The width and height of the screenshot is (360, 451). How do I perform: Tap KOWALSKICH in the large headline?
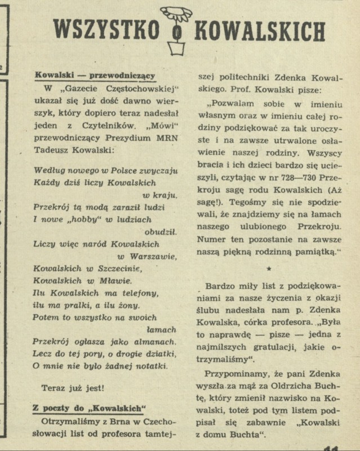click(260, 32)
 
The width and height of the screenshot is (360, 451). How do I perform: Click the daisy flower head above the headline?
click(176, 15)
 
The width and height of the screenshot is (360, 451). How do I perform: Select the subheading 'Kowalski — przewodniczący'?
click(95, 75)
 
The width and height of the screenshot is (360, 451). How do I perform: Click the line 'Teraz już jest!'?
click(73, 388)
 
